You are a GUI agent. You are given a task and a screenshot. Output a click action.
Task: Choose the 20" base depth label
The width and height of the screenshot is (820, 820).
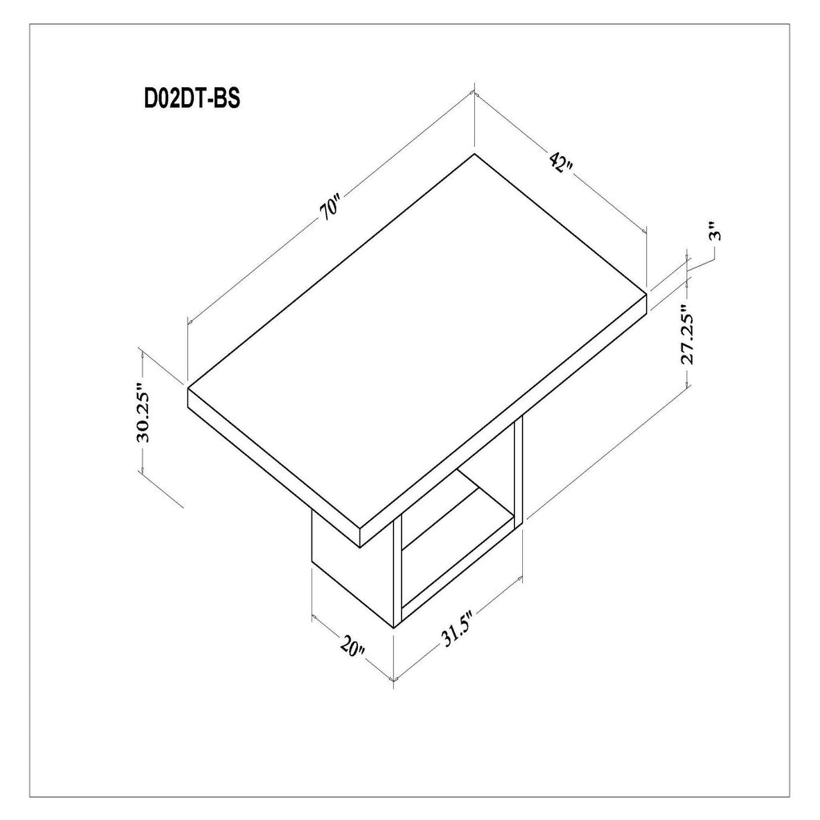pos(352,646)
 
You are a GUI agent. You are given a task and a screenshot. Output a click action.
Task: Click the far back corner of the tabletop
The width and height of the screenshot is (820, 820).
pos(474,153)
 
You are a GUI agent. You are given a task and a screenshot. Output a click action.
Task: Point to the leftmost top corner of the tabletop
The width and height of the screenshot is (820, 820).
pos(188,388)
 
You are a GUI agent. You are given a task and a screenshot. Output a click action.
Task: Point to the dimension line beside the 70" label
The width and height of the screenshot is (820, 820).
pos(264,260)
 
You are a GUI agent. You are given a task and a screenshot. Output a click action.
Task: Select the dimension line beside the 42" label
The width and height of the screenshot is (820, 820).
pos(609,200)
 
